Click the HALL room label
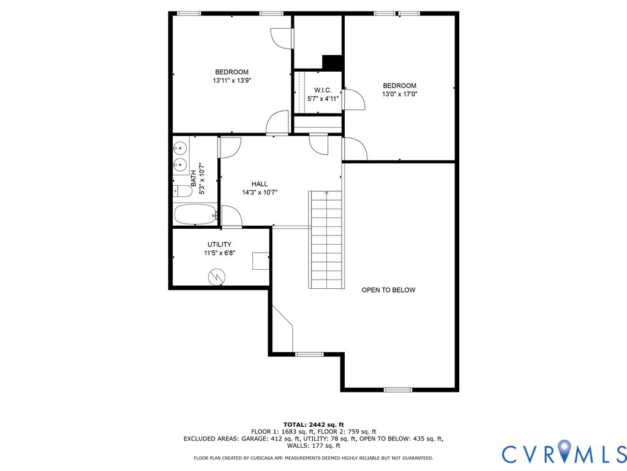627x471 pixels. [x=260, y=184]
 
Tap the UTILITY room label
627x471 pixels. [x=219, y=244]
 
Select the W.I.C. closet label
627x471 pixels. [x=323, y=90]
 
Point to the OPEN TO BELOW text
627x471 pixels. [x=388, y=290]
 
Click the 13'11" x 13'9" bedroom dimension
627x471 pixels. [x=232, y=80]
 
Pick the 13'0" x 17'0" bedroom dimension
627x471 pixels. [x=399, y=94]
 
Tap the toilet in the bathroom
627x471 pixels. [x=182, y=191]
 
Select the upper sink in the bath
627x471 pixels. [x=181, y=148]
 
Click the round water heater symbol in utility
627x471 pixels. [x=216, y=277]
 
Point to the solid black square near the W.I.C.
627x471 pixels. [x=332, y=63]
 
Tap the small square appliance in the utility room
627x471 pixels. [x=260, y=261]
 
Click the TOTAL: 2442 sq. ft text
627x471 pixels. [x=313, y=424]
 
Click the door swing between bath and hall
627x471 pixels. [x=230, y=148]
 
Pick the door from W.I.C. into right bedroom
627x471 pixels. [x=355, y=99]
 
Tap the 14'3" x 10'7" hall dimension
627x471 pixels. [x=260, y=192]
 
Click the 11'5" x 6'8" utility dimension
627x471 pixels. [x=219, y=253]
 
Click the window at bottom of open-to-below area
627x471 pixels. [x=397, y=389]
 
